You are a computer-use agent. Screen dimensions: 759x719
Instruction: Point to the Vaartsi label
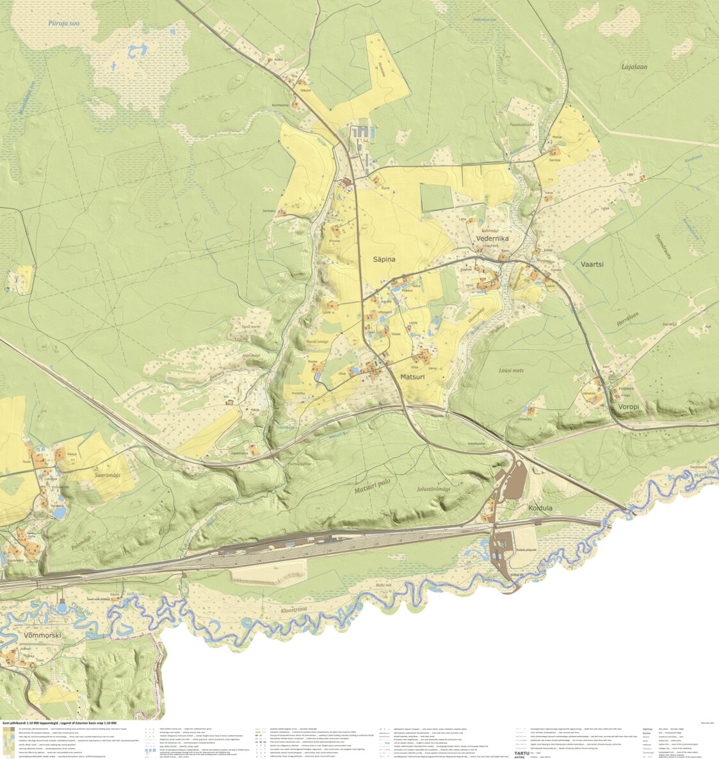[x=592, y=264]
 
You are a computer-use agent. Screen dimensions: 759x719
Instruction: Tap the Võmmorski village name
[x=41, y=635]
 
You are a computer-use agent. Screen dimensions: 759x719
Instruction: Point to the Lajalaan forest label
[x=634, y=66]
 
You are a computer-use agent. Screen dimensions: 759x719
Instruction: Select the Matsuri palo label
[x=375, y=491]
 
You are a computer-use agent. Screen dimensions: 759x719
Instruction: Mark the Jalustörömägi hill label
[x=433, y=489]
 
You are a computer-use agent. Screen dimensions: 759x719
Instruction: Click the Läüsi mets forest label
[x=511, y=371]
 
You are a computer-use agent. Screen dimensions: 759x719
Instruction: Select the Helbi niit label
[x=383, y=585]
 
